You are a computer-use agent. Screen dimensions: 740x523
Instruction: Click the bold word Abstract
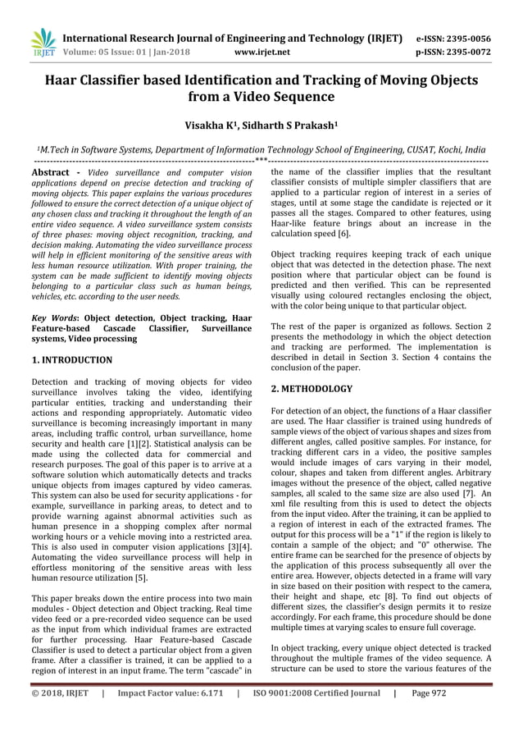pos(51,173)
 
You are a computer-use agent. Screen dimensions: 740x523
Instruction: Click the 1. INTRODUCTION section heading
pos(71,360)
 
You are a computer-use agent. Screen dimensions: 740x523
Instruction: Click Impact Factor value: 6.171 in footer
pos(171,716)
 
